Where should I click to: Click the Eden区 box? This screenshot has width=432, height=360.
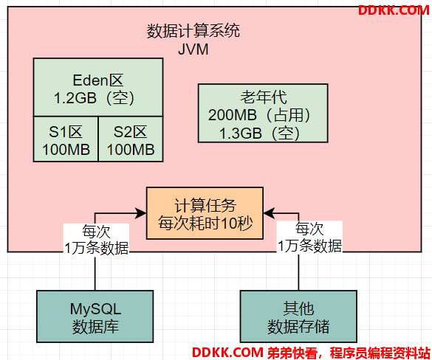tap(98, 87)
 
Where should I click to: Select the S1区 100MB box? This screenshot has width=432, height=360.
tap(66, 139)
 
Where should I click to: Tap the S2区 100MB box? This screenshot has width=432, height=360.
tap(131, 139)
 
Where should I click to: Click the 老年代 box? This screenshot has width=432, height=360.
tap(263, 113)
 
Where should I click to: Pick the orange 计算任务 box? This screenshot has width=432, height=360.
tap(205, 213)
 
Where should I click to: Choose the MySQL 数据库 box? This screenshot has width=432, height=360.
tap(95, 316)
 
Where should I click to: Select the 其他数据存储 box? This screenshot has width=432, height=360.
tap(298, 316)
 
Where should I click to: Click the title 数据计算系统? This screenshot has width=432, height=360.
tap(193, 30)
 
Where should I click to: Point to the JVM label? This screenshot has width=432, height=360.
tap(193, 49)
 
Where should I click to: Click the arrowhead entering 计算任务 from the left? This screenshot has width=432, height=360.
tap(141, 213)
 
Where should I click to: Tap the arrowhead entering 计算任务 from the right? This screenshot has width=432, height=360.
tap(269, 213)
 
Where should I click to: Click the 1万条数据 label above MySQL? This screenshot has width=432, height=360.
tap(97, 248)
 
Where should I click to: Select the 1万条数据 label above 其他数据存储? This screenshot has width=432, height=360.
tap(309, 246)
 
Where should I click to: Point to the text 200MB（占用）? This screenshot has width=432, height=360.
tap(259, 115)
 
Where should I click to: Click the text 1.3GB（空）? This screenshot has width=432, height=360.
tap(259, 134)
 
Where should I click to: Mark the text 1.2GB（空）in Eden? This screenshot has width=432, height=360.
tap(94, 98)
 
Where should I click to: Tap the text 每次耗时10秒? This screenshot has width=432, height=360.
tap(205, 223)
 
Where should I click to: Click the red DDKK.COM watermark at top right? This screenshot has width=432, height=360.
tap(394, 10)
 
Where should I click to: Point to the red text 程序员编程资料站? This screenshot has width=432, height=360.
tap(380, 353)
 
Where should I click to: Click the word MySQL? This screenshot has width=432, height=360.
tap(95, 309)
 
